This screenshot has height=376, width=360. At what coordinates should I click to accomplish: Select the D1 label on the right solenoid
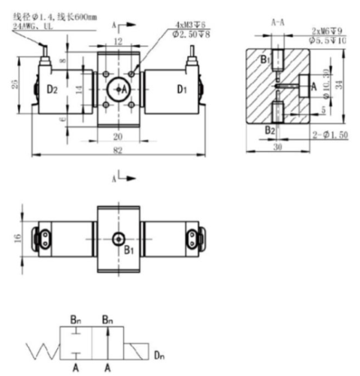point(180,89)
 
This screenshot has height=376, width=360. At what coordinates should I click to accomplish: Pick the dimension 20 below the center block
point(116,136)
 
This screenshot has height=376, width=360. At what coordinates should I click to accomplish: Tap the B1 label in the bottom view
point(129,250)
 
